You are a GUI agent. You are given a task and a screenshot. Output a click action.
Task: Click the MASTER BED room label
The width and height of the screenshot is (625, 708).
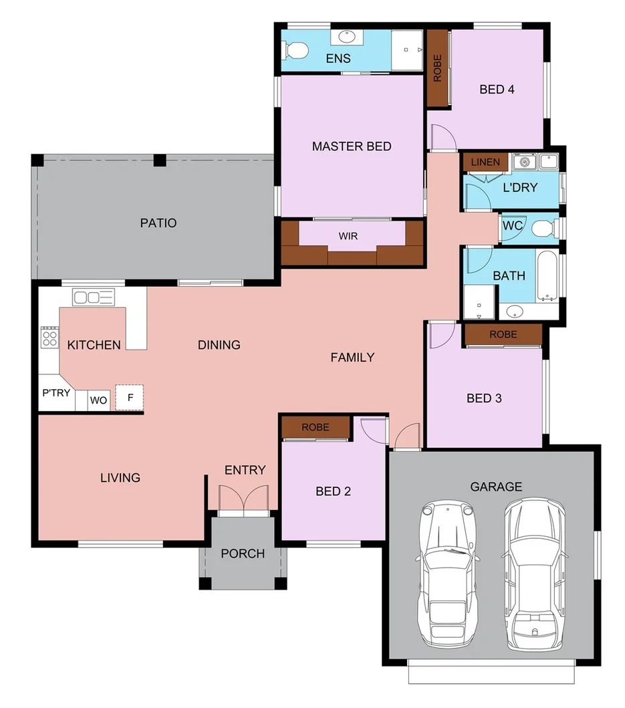coord(351,146)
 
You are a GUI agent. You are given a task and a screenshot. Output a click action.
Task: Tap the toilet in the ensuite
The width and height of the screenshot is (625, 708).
coord(295,49)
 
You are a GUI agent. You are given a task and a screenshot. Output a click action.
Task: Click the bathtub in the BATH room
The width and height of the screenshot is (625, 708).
coord(546,275)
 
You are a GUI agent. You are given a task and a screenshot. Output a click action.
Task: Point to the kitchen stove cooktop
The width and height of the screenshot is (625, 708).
coord(49,336)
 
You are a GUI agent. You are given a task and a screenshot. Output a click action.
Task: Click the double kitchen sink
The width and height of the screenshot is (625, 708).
coord(94,297)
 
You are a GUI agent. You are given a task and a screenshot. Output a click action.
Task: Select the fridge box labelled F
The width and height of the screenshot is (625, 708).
coord(130,397)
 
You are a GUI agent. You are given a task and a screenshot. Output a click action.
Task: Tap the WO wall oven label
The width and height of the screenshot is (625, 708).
coord(98,400)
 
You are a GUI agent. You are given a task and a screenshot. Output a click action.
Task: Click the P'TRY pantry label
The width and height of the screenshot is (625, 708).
coord(56,392)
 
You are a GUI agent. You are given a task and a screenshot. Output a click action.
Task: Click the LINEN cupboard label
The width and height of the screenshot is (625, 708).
coord(485,162)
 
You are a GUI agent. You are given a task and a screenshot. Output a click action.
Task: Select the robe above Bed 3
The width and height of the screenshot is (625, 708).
coord(503,334)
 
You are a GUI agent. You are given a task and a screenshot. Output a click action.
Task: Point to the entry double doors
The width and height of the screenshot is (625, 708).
coord(245,501)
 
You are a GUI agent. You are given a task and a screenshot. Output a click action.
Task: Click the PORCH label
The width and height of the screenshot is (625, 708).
coord(242,554)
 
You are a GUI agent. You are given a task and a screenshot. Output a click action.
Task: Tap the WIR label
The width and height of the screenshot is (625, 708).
coord(352,236)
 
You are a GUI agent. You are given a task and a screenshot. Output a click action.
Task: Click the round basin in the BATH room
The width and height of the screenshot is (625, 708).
coord(515,311)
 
